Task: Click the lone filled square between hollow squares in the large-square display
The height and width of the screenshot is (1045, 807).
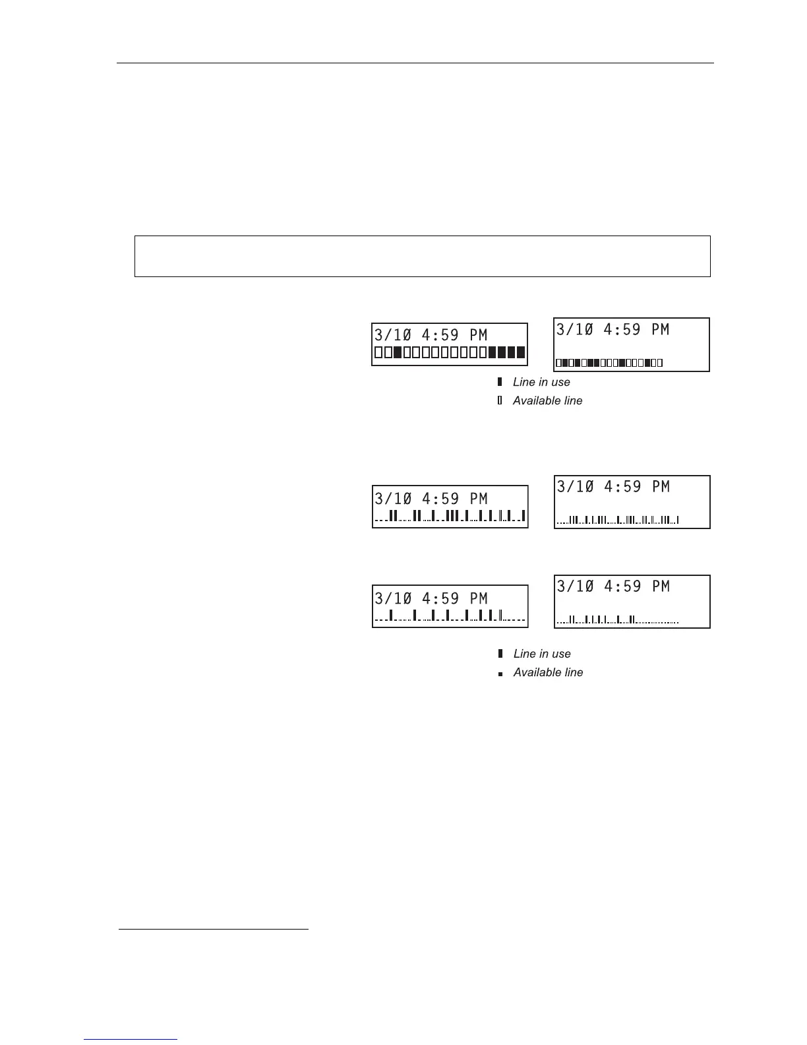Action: [x=398, y=352]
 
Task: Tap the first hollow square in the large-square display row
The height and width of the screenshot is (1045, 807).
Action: [x=378, y=352]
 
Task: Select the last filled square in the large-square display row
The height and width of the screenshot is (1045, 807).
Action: [x=521, y=352]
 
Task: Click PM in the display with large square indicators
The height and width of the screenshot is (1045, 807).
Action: [x=478, y=335]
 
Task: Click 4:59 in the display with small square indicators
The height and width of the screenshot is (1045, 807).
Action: [x=622, y=329]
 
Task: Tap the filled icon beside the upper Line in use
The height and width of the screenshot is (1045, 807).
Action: [x=500, y=382]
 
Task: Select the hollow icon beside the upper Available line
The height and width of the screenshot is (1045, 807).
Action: [x=500, y=400]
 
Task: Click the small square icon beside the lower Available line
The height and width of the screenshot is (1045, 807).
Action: [x=500, y=674]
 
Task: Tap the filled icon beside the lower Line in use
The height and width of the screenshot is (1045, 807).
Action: [x=500, y=654]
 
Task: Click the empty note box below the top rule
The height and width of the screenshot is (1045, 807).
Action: [x=422, y=256]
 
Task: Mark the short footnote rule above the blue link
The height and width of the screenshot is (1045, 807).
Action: [x=214, y=930]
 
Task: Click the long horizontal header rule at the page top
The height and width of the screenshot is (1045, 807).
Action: [x=415, y=63]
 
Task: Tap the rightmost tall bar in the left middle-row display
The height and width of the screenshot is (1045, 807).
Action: [x=523, y=515]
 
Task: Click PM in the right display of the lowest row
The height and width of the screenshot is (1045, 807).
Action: [x=660, y=586]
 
